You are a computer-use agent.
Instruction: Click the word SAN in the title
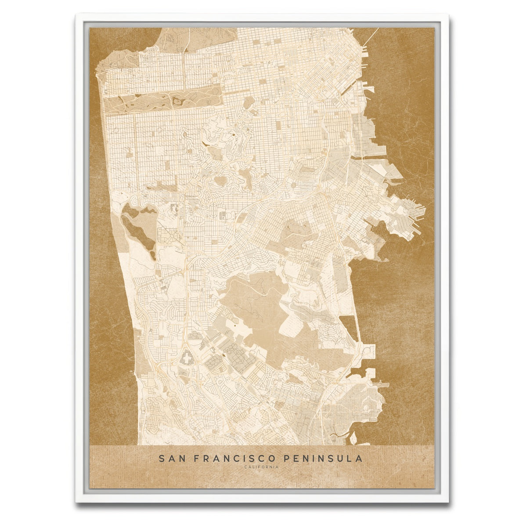[x=169, y=458]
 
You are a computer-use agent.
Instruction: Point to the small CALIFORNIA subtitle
[x=262, y=467]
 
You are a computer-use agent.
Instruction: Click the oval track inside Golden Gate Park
[x=177, y=101]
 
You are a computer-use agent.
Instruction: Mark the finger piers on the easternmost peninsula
[x=417, y=213]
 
